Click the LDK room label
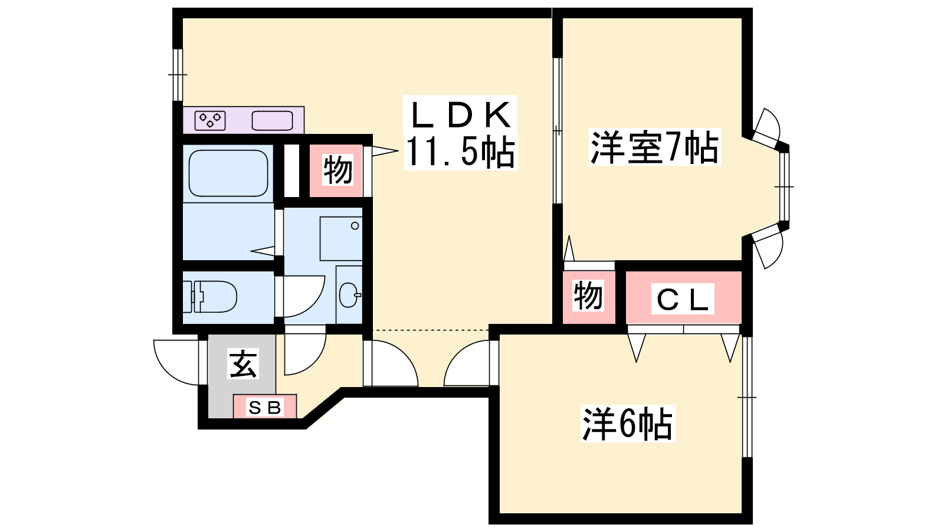point(460,116)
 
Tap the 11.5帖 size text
point(460,152)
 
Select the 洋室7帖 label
point(654,147)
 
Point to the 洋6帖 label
point(627,424)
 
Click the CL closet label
point(682,299)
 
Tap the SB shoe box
point(265,407)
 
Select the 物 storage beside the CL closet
point(588,297)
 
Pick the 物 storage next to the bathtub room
point(336,171)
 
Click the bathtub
point(228,173)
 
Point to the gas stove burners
point(210,120)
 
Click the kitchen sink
point(272,120)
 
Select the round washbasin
point(349,294)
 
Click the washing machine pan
point(341,238)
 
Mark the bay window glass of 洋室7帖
point(784,186)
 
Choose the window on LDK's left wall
point(178,75)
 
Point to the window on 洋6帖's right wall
point(747,397)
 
